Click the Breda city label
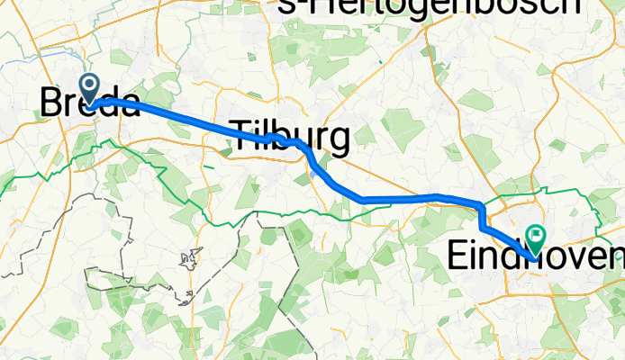coord(89,103)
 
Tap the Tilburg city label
coord(289,138)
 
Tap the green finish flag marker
coord(536,238)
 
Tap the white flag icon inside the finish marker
coord(537,237)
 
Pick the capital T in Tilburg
coord(240,138)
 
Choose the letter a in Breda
coord(129,104)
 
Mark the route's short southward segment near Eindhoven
coord(483,217)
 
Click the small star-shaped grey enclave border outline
coord(188,259)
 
